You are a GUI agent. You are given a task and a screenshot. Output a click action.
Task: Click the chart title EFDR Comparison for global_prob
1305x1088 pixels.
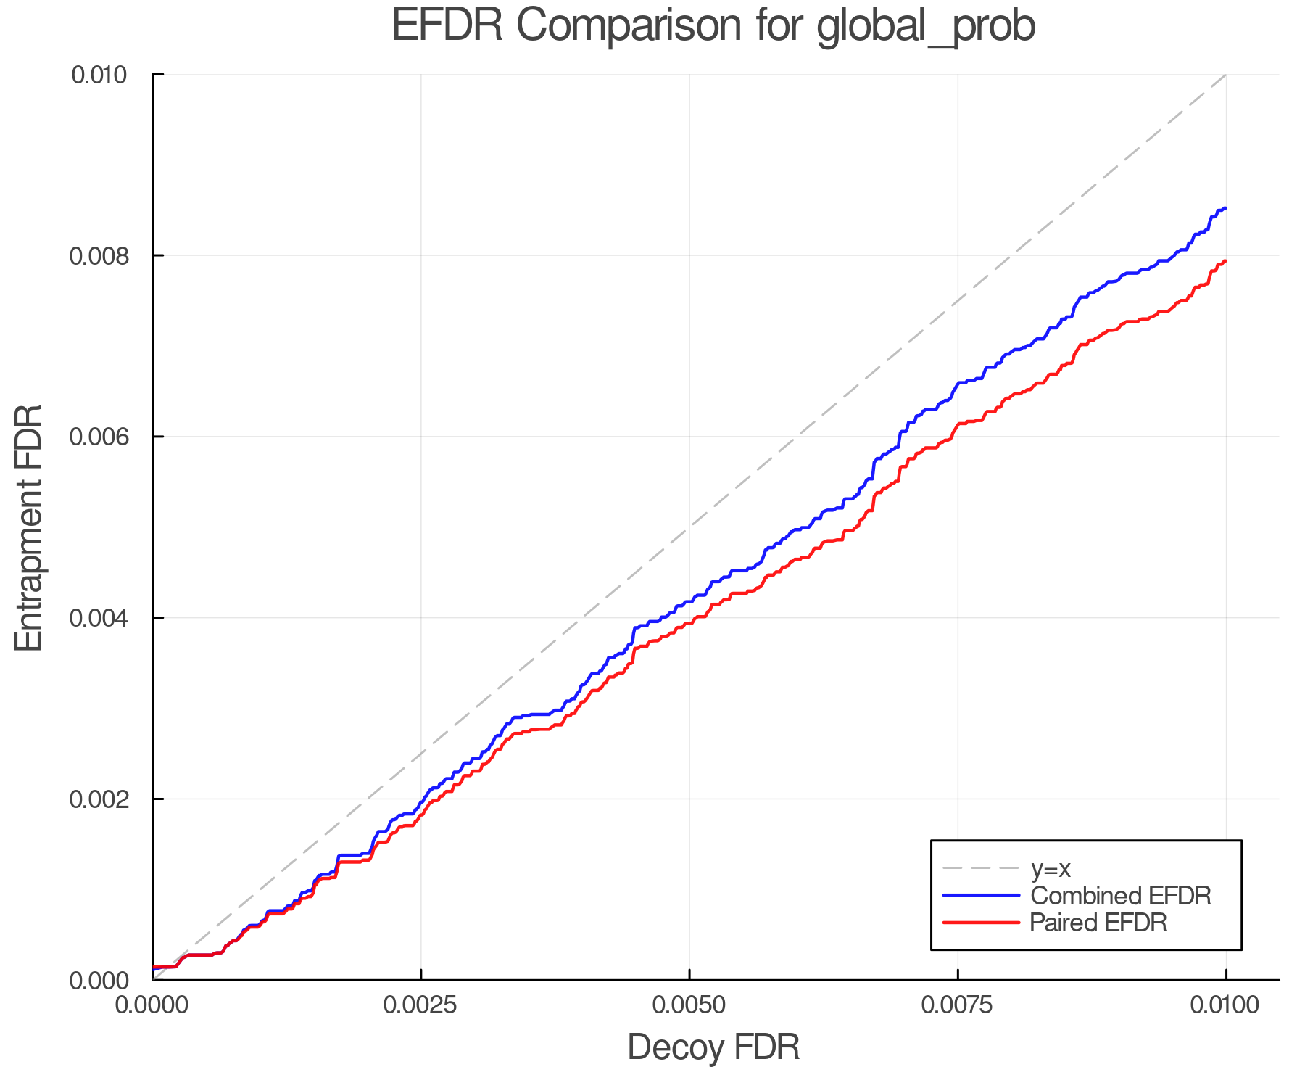[713, 25]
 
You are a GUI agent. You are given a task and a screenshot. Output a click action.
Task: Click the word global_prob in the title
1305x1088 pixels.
[926, 27]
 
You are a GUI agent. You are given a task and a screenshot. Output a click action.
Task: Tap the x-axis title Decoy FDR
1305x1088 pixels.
[713, 1047]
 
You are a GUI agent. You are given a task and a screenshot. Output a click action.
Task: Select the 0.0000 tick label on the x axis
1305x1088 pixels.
[152, 1005]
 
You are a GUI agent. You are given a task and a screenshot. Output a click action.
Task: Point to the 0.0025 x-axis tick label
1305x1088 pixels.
[420, 1005]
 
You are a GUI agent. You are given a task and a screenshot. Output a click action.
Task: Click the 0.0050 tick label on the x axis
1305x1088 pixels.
[689, 1005]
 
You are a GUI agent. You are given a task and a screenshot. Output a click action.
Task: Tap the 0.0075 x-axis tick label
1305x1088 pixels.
[958, 1005]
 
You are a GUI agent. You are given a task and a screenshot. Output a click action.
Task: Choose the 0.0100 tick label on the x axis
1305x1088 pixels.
[1226, 1005]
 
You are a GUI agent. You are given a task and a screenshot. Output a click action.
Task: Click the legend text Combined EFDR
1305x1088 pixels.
[1120, 896]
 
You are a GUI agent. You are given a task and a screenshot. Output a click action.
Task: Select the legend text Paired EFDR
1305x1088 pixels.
[1098, 923]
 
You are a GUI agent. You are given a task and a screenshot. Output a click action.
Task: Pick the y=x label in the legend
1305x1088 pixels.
[1051, 868]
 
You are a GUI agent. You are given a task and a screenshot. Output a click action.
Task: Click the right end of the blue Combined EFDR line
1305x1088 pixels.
[1225, 209]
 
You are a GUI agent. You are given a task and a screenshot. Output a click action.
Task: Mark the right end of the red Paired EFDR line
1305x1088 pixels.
[1225, 261]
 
